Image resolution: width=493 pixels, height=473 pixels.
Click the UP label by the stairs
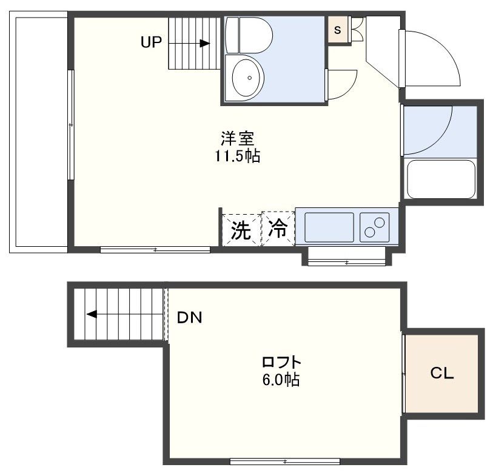(x=151, y=42)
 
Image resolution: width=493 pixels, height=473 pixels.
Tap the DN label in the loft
(x=190, y=317)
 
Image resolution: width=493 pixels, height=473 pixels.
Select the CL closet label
(x=442, y=374)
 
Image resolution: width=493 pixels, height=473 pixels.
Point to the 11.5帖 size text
(x=236, y=156)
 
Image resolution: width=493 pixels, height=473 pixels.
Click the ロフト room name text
(x=281, y=363)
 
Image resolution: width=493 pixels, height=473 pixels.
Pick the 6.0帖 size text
(x=281, y=381)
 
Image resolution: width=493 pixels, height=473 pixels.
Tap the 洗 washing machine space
(x=241, y=230)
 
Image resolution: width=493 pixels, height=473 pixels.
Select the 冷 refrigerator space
(x=278, y=229)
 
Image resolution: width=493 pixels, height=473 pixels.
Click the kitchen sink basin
(x=329, y=227)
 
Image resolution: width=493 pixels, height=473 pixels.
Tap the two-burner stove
(x=375, y=227)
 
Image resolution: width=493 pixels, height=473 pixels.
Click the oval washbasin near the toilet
(x=247, y=77)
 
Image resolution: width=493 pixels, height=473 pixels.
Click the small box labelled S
(x=337, y=29)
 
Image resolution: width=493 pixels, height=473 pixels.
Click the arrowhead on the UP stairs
(x=205, y=43)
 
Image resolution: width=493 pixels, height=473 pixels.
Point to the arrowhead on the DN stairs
(x=92, y=314)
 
